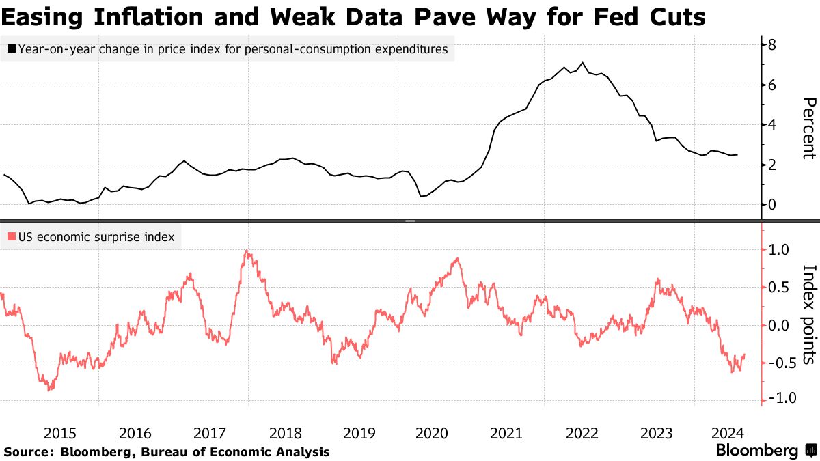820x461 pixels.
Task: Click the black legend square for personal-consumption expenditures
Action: (x=12, y=49)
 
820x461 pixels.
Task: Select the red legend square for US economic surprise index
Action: (x=12, y=238)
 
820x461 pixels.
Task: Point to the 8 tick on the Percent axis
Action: (x=771, y=45)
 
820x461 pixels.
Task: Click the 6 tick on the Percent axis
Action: (x=771, y=85)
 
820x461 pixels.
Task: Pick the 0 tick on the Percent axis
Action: (x=771, y=204)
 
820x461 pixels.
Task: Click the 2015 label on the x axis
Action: (x=60, y=433)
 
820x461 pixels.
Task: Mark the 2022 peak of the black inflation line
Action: (x=582, y=63)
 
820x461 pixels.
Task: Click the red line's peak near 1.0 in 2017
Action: (x=246, y=251)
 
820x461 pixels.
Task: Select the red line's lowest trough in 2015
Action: (x=49, y=390)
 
